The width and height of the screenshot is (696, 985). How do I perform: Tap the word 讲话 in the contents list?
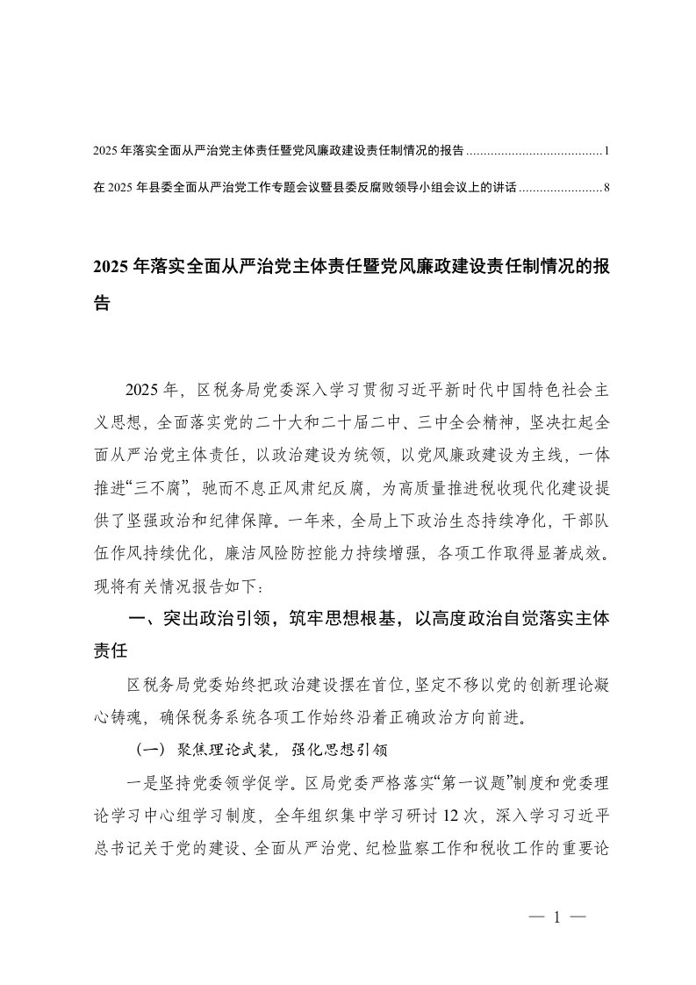pyautogui.click(x=505, y=187)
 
